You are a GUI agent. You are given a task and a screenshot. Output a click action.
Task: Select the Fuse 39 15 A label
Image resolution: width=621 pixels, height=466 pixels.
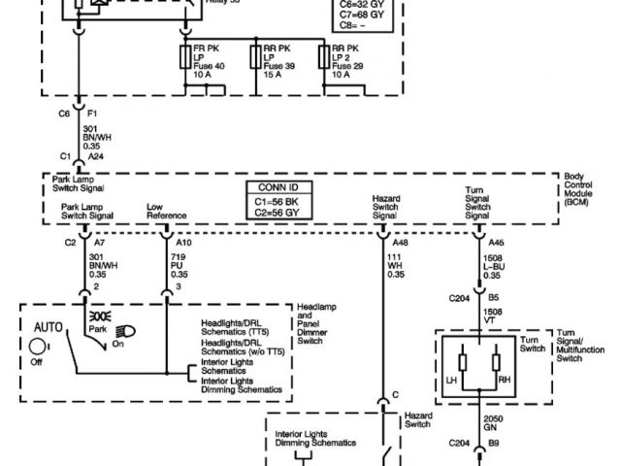click(x=280, y=69)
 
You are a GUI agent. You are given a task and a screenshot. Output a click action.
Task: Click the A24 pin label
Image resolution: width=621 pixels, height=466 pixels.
click(x=95, y=156)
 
